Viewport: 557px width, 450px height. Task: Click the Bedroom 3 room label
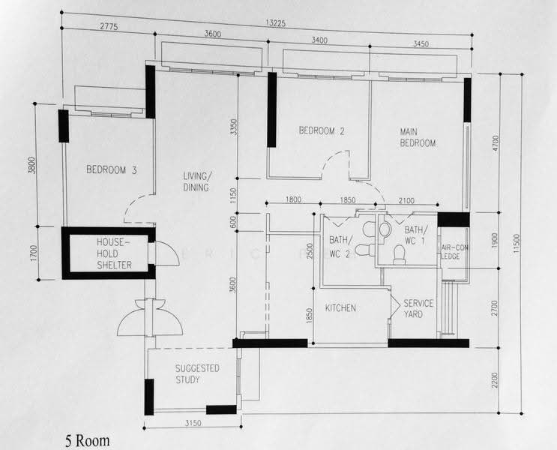[111, 169]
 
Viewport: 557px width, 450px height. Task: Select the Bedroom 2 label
[322, 130]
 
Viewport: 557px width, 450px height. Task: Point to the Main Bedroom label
[418, 137]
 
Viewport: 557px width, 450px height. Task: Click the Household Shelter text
[114, 253]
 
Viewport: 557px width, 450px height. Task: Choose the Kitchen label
[340, 307]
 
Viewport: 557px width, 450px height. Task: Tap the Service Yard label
[418, 309]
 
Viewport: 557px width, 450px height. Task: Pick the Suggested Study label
[197, 374]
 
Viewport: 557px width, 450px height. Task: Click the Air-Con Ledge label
[454, 252]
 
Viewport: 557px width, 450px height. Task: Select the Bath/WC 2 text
[341, 247]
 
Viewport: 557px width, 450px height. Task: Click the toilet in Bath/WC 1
[400, 256]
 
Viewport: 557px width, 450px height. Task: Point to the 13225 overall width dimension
[275, 23]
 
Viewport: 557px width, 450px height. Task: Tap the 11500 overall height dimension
[517, 243]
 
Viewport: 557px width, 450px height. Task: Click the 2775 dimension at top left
[109, 27]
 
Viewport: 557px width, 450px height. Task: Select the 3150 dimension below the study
[193, 423]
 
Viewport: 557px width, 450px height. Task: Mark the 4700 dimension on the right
[496, 143]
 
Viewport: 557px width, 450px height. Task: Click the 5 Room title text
[88, 441]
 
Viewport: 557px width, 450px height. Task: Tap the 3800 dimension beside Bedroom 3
[32, 165]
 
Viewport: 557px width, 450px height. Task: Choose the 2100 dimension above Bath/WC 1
[406, 201]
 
